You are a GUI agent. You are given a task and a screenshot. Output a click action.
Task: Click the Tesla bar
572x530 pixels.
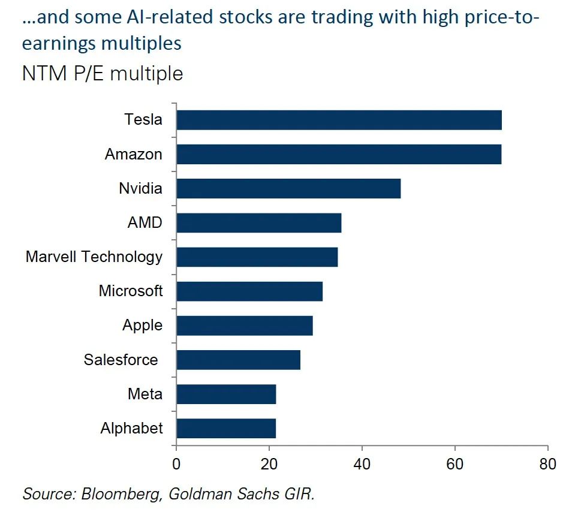tap(339, 120)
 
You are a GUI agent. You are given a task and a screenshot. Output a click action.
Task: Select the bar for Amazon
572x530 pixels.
tap(339, 154)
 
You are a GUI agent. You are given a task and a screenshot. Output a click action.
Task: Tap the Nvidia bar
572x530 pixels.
tap(288, 188)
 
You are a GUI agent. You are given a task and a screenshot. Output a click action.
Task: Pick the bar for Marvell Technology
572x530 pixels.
tap(257, 257)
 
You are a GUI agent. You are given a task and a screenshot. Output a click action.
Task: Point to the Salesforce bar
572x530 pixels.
tap(239, 360)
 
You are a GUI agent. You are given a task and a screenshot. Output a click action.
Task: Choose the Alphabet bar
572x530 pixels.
tap(226, 428)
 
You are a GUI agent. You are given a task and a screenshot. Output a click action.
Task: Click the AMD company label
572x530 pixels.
tap(144, 222)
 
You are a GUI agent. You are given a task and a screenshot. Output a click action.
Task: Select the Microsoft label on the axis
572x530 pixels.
tap(131, 291)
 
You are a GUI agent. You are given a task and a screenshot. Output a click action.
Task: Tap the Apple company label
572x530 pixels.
tap(142, 325)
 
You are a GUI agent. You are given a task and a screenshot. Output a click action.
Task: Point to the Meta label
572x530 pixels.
tap(144, 394)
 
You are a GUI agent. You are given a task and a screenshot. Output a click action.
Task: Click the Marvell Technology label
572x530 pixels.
tap(94, 257)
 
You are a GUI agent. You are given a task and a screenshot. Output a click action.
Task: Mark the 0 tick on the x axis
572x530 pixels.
tap(176, 463)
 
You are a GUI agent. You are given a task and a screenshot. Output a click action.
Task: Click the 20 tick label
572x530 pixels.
tap(269, 463)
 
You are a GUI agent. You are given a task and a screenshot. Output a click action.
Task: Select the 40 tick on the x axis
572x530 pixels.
tap(362, 463)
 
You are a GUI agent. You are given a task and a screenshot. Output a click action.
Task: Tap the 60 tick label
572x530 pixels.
tap(455, 463)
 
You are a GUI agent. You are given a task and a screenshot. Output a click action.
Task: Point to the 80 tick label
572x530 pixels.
tap(547, 463)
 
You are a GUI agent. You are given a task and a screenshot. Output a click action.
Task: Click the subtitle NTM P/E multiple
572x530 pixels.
tap(103, 73)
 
